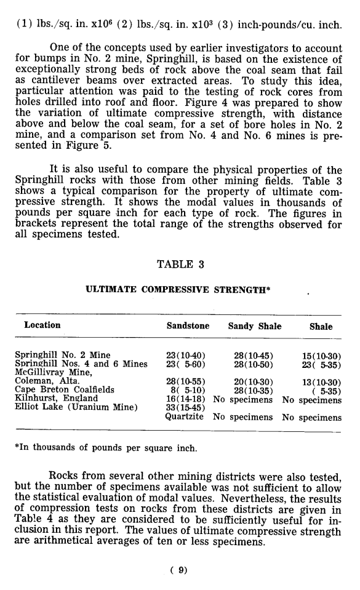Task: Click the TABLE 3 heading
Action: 180,265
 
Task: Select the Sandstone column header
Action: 188,327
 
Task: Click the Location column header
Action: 42,326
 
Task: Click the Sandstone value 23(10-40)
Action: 186,356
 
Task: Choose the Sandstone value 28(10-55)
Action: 186,381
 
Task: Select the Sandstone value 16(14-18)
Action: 186,399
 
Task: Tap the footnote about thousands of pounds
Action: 106,448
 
